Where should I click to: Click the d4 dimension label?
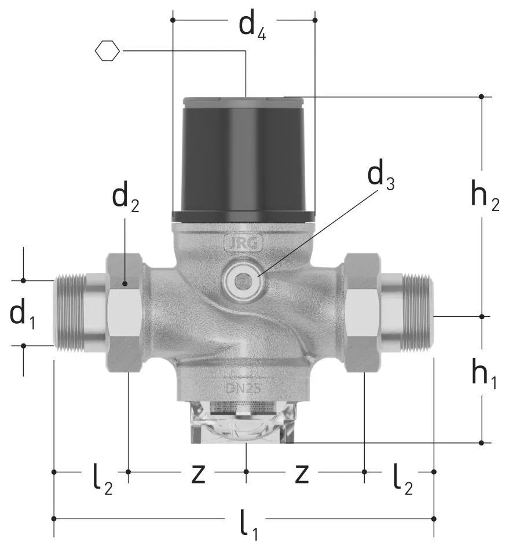[252, 27]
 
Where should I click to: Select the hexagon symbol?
[107, 51]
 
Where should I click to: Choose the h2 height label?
[485, 196]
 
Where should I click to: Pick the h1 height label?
[484, 374]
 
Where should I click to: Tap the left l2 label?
[103, 478]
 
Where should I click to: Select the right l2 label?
[402, 478]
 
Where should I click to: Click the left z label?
[199, 474]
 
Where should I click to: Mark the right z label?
[302, 474]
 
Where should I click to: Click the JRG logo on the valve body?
[243, 243]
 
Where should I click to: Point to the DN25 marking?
[243, 388]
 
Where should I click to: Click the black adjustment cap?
[244, 160]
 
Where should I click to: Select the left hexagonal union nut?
[124, 313]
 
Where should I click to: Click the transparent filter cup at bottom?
[244, 422]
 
